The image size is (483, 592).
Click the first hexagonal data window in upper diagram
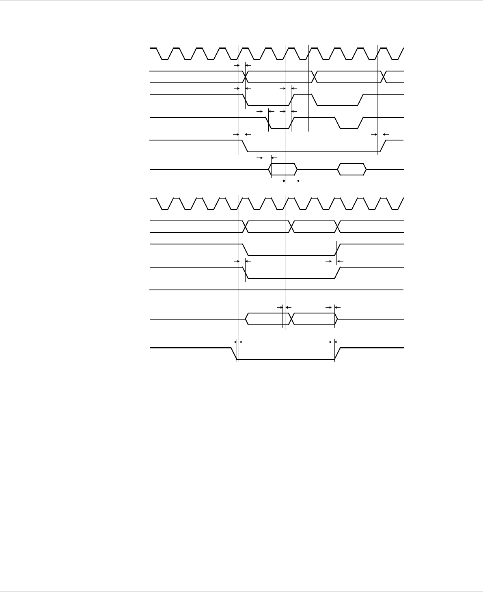pyautogui.click(x=283, y=169)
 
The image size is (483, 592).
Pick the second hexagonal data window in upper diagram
pyautogui.click(x=352, y=169)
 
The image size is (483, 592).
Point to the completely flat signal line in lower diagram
pyautogui.click(x=276, y=290)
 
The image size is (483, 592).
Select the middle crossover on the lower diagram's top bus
pyautogui.click(x=291, y=227)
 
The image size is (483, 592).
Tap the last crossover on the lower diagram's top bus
pyautogui.click(x=337, y=227)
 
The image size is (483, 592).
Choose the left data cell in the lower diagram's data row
pyautogui.click(x=267, y=319)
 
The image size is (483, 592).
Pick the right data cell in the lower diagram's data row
pyautogui.click(x=313, y=319)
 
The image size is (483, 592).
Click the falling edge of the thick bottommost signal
pyautogui.click(x=234, y=354)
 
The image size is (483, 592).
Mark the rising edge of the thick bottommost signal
pyautogui.click(x=337, y=354)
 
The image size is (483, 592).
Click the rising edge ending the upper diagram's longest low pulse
pyautogui.click(x=384, y=146)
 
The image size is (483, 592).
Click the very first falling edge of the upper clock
pyautogui.click(x=160, y=54)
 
